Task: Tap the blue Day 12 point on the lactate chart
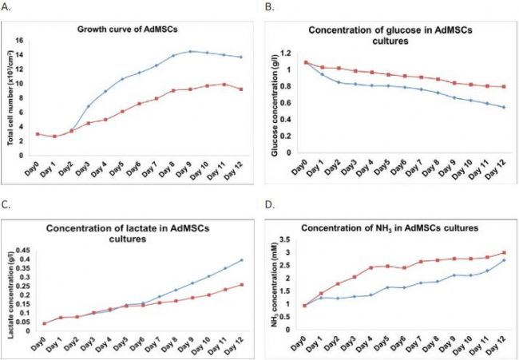point(242,260)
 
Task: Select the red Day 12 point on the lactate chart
point(242,285)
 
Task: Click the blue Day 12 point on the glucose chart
point(505,107)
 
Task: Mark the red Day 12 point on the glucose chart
point(505,86)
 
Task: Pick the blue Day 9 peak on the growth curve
point(191,51)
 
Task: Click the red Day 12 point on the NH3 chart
point(505,253)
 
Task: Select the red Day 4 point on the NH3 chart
point(371,267)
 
